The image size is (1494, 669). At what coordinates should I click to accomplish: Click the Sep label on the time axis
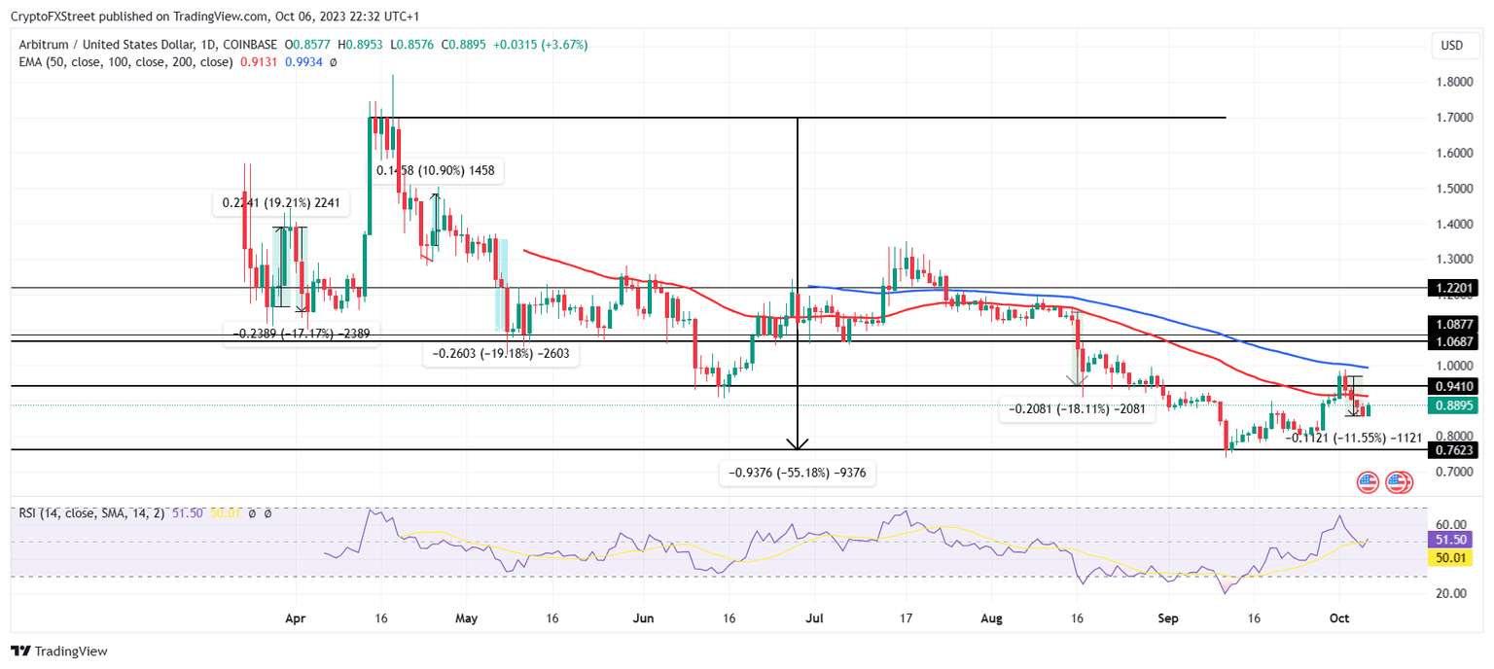point(1168,617)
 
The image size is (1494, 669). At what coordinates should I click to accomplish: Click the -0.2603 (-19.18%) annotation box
point(500,355)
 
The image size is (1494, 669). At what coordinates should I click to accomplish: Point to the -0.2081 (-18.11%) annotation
point(1077,410)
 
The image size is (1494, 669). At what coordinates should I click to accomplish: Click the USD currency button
point(1451,45)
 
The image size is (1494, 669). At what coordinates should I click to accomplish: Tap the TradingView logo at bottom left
point(59,651)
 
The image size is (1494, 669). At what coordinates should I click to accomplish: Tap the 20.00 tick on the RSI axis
point(1452,593)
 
